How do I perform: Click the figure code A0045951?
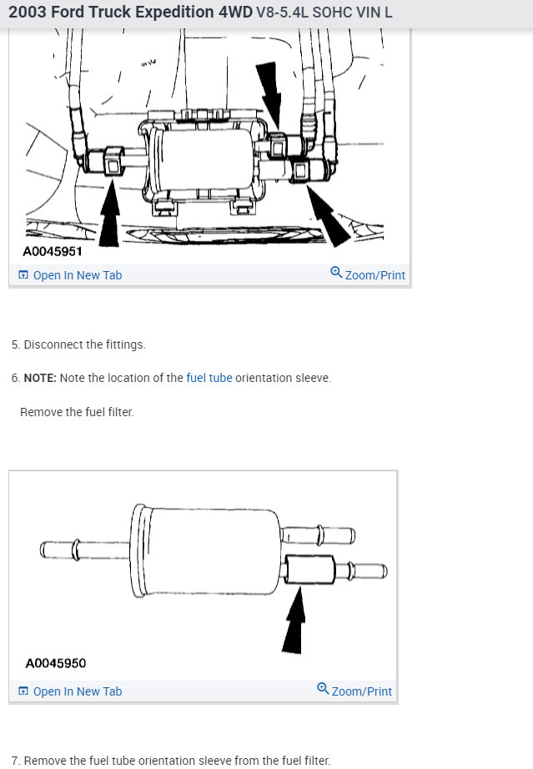point(53,252)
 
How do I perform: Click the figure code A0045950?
point(55,664)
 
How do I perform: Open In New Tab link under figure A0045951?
point(70,275)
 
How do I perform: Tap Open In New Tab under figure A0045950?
point(70,691)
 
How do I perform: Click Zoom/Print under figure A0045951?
point(368,274)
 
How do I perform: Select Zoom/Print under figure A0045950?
point(354,690)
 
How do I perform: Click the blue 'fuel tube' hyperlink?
point(209,378)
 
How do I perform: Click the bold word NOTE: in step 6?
point(40,378)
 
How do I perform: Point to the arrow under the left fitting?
point(109,213)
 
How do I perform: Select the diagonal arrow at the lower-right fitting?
point(329,216)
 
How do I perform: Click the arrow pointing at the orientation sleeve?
point(294,621)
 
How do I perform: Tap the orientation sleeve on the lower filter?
point(310,570)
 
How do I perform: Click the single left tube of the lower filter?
point(84,550)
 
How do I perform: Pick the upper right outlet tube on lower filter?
point(319,535)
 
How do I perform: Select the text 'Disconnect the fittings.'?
point(85,344)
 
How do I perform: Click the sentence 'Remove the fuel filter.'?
point(77,412)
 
